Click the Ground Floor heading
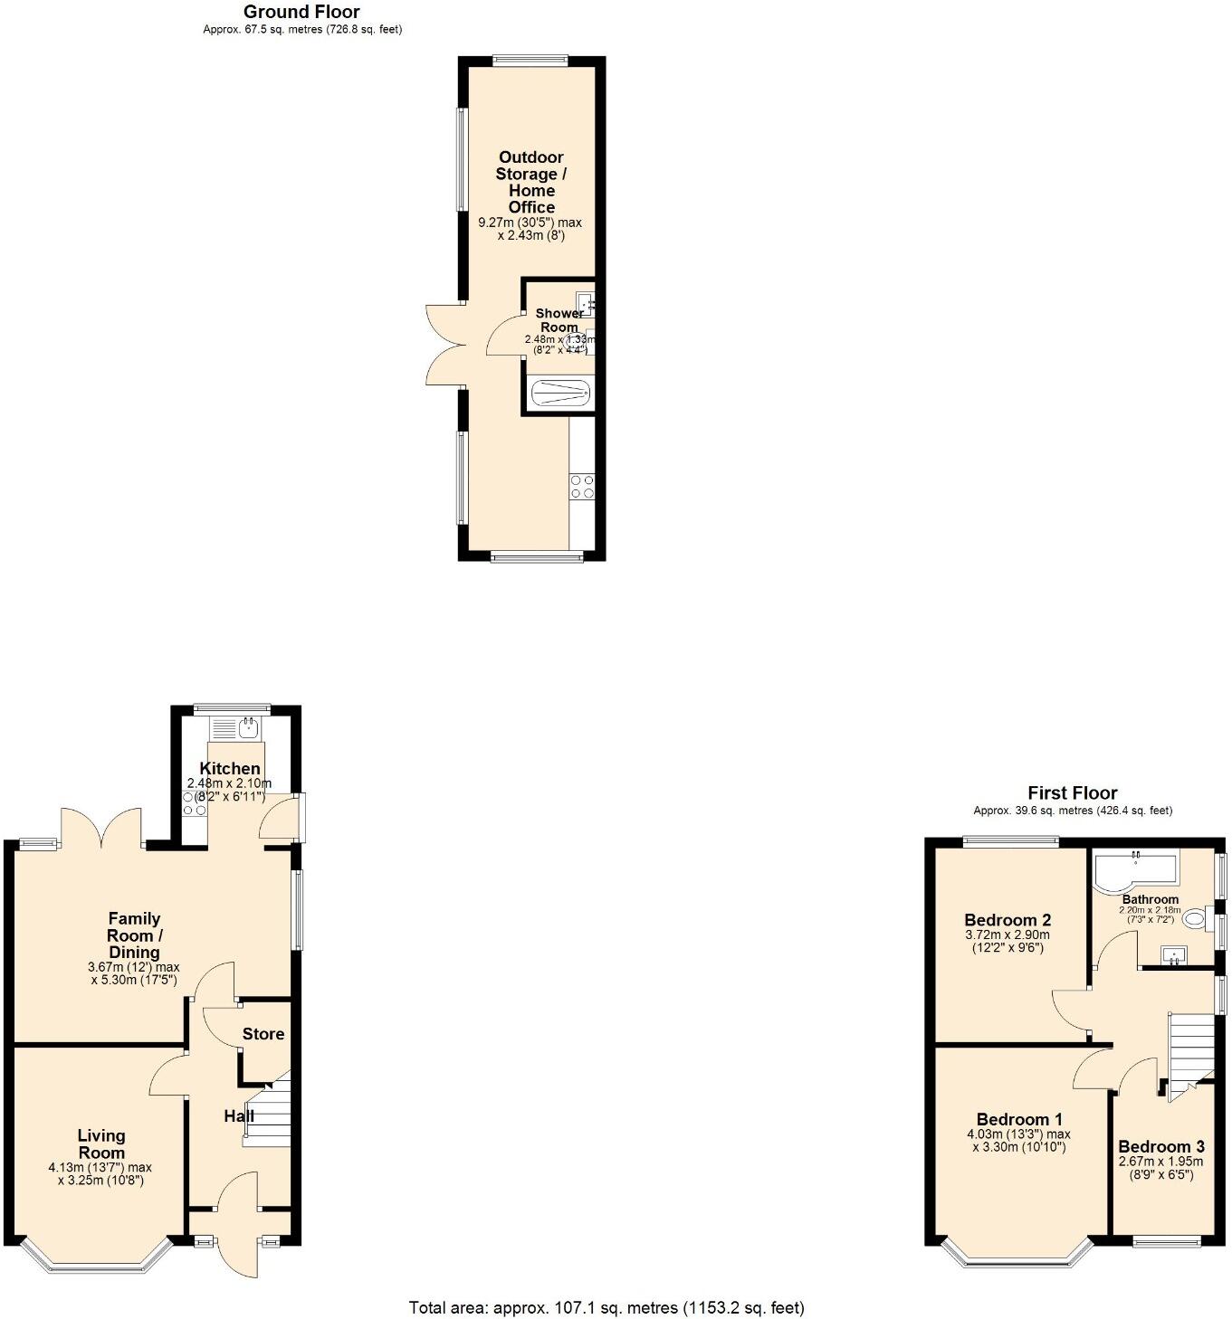(x=301, y=12)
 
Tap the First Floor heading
(x=1072, y=793)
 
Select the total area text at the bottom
(x=606, y=1306)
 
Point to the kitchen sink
(x=235, y=726)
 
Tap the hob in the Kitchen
(x=195, y=803)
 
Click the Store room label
(x=263, y=1034)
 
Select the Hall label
(x=239, y=1116)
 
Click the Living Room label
(x=101, y=1143)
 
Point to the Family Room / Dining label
(x=134, y=935)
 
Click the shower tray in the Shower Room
(x=560, y=394)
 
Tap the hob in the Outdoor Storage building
(x=582, y=487)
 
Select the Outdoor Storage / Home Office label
(x=531, y=182)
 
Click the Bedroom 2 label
(x=1008, y=920)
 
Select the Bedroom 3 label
(x=1161, y=1146)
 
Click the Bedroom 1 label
(x=1019, y=1119)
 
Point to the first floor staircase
(x=1191, y=1049)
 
